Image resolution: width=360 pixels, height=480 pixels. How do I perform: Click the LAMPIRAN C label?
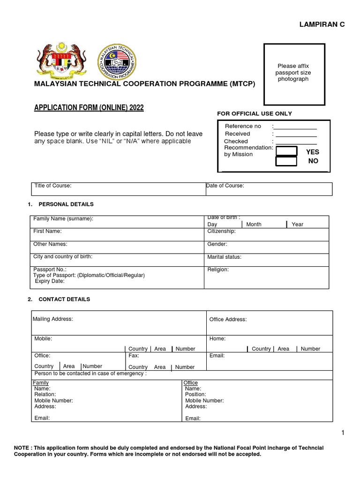[x=322, y=24]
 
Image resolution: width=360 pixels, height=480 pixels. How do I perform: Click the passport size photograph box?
[x=294, y=74]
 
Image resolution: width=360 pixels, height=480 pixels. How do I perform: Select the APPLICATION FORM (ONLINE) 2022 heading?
[x=89, y=108]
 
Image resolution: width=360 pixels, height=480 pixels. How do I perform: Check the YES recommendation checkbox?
[x=286, y=151]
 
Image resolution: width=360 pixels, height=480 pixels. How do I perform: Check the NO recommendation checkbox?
[x=286, y=161]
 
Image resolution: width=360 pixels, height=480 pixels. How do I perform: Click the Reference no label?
[x=243, y=126]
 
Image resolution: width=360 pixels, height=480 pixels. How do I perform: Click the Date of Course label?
[x=225, y=186]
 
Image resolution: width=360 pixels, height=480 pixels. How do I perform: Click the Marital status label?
[x=224, y=257]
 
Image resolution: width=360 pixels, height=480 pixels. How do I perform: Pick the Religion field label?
[x=218, y=270]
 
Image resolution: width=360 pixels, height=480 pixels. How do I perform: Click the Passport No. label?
[x=50, y=270]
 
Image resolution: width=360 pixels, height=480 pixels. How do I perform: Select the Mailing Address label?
[x=52, y=319]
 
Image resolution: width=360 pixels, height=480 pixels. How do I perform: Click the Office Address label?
[x=228, y=320]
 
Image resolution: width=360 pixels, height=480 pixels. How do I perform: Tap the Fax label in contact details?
[x=134, y=356]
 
